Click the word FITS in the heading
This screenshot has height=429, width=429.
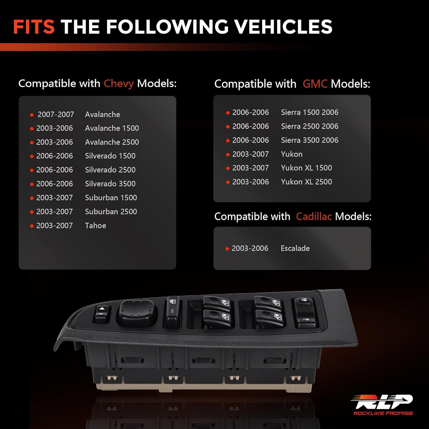coord(34,27)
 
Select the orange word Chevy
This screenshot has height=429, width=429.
coord(118,84)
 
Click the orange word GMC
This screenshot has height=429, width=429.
coord(315,84)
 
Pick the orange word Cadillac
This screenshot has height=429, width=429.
coord(314,217)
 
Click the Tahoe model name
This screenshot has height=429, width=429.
coord(96,226)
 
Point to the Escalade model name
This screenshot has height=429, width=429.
coord(295,248)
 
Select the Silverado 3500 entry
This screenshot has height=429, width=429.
coord(110,184)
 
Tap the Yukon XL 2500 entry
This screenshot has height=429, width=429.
coord(306,182)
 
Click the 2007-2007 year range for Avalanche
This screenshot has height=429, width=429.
coord(56,114)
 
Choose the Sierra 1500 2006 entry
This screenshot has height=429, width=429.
coord(309,112)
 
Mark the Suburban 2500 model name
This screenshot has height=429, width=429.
coord(111,212)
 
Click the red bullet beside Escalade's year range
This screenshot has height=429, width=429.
coord(227,249)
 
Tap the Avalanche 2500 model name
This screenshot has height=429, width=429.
coord(112,142)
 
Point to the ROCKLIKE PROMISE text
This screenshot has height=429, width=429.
coord(383,413)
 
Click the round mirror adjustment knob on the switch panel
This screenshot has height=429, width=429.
coord(137,312)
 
